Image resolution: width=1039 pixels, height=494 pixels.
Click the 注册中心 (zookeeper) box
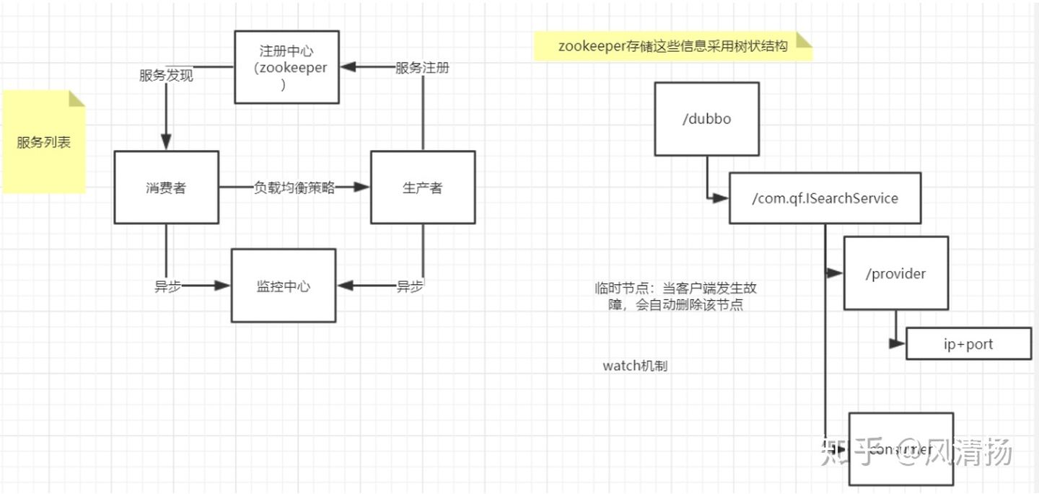click(x=287, y=68)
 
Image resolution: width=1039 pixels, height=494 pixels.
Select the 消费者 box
click(x=166, y=188)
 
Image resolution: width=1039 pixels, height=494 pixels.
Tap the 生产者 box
click(x=423, y=188)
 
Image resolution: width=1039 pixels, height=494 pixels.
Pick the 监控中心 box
click(x=284, y=286)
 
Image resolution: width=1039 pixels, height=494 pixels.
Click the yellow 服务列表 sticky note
click(x=44, y=142)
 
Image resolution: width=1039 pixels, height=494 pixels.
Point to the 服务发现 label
click(x=166, y=75)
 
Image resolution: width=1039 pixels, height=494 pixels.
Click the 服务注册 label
click(x=422, y=68)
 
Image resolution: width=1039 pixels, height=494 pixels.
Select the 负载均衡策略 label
click(x=294, y=188)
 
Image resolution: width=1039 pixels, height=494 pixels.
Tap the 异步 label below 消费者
click(x=167, y=286)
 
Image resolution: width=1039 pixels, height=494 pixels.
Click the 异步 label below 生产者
click(x=410, y=286)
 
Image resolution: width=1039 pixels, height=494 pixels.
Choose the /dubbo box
click(x=706, y=119)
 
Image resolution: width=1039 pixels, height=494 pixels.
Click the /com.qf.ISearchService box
click(x=825, y=198)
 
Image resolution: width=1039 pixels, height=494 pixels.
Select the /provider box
click(x=896, y=273)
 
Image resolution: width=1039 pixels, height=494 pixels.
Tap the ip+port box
click(x=968, y=344)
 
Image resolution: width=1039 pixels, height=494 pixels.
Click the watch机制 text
click(x=635, y=366)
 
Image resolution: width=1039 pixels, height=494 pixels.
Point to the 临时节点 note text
click(x=676, y=296)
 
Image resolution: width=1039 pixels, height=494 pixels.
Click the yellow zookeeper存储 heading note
click(x=672, y=45)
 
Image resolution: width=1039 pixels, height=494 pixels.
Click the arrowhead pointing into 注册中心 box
click(x=348, y=68)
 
